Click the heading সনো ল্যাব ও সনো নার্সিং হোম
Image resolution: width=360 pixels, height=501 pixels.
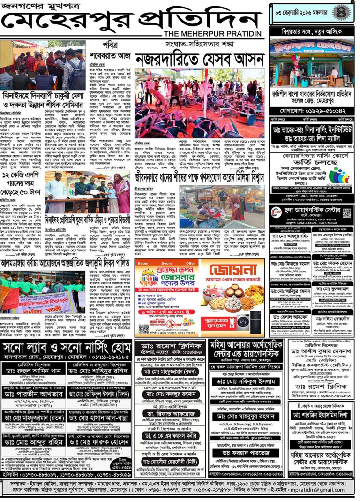[x=66, y=349]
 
